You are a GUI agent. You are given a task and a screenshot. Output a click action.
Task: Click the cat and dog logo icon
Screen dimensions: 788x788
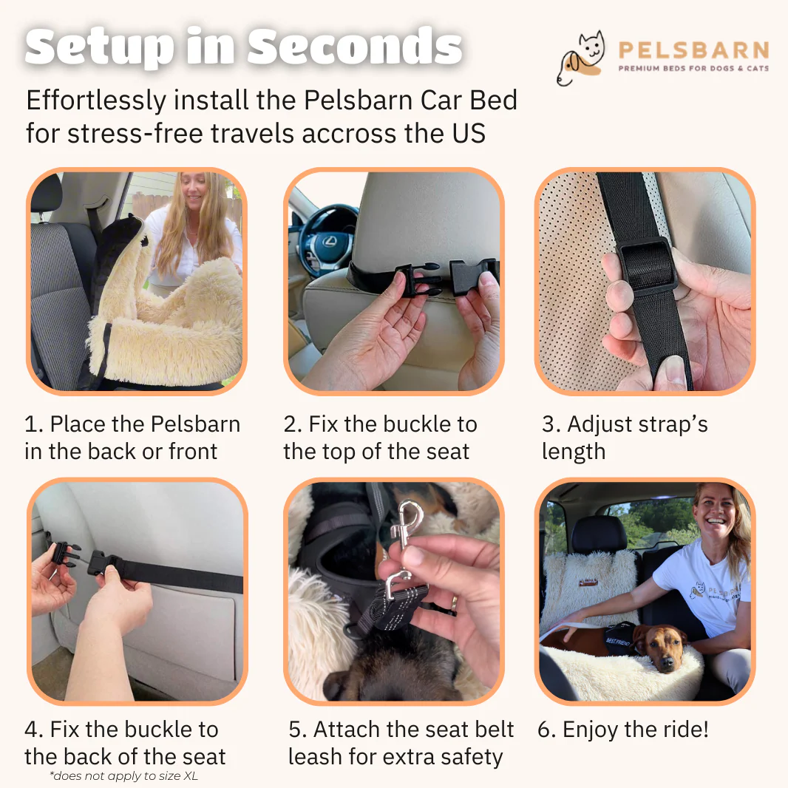[x=580, y=58]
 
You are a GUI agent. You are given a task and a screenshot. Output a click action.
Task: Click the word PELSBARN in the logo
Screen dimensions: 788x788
[x=693, y=50]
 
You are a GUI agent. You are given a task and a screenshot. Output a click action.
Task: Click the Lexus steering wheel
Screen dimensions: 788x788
[x=327, y=237]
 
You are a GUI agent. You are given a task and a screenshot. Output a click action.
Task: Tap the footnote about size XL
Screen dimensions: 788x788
[x=124, y=776]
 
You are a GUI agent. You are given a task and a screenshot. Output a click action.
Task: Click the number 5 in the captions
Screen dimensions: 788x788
[x=295, y=730]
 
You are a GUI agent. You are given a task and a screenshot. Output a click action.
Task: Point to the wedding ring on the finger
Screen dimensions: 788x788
[x=454, y=602]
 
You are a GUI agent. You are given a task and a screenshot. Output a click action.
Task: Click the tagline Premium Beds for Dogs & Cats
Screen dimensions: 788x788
[x=693, y=68]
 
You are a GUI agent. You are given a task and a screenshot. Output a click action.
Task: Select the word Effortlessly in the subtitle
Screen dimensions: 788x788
[x=96, y=101]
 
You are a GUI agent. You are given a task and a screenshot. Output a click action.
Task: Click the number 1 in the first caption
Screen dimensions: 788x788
[x=30, y=424]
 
